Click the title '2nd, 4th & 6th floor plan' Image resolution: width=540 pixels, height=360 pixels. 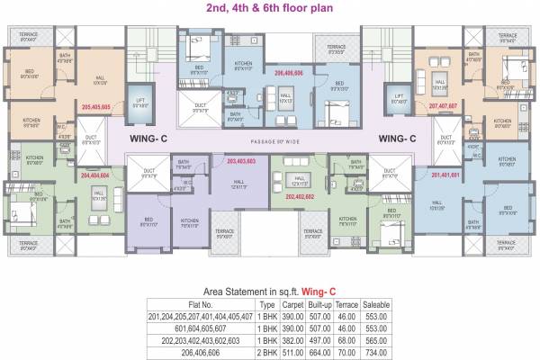[270, 11]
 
